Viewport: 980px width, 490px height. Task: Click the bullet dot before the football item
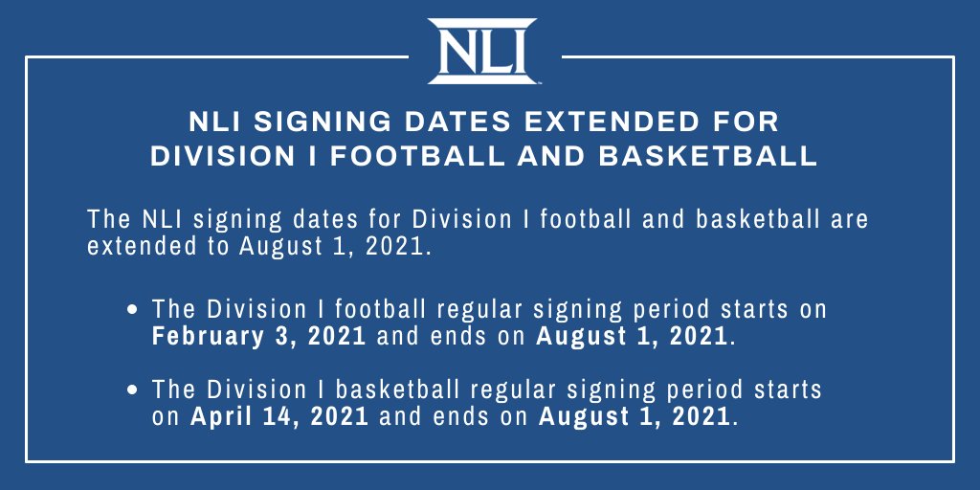135,311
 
